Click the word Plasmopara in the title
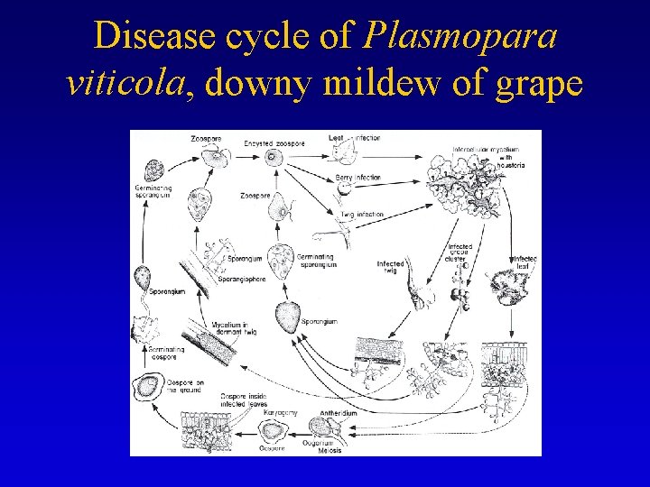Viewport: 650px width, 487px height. click(460, 37)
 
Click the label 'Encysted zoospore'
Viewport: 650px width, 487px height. click(274, 143)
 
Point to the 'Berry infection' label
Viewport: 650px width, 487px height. click(357, 178)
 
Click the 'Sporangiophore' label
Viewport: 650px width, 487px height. click(242, 280)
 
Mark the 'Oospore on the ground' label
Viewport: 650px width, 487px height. click(186, 387)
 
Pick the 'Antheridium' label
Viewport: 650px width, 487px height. click(339, 413)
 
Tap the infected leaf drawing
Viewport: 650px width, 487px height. click(501, 288)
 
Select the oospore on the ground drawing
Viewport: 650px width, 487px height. click(146, 388)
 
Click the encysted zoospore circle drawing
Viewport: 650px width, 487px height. click(273, 157)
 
